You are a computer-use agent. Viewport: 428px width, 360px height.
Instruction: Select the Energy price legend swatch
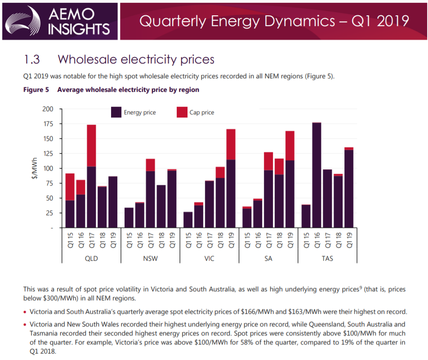[116, 112]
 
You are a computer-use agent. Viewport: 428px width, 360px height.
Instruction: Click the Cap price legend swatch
[182, 112]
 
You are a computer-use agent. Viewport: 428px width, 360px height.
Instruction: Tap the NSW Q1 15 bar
[129, 217]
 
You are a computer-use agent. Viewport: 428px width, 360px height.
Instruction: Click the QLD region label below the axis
[91, 259]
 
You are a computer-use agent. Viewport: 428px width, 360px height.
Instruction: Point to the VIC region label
[209, 259]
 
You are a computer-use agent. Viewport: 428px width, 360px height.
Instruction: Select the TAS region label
[327, 259]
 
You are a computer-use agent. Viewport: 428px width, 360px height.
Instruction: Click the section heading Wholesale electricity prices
[136, 59]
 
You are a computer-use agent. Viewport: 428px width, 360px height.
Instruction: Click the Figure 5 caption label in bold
[36, 90]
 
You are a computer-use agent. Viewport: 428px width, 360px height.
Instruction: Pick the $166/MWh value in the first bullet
[265, 311]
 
